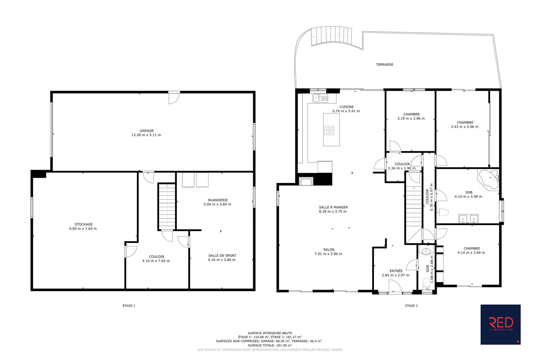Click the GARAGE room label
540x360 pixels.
147,131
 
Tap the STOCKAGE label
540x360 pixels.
84,224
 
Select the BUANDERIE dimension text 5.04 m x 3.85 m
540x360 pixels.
217,205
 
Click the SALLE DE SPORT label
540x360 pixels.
222,256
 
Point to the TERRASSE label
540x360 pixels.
385,64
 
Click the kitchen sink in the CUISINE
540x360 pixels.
320,98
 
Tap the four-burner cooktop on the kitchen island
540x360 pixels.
329,130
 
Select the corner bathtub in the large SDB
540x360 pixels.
488,180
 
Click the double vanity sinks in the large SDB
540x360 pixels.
469,219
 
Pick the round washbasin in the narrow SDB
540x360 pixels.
426,251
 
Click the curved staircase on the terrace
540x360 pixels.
331,36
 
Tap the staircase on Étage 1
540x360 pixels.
167,207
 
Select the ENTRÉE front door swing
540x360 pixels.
395,286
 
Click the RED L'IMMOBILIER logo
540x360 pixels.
500,325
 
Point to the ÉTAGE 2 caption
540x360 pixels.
411,306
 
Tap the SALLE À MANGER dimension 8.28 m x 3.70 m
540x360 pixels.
333,211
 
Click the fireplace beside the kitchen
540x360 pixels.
306,181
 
